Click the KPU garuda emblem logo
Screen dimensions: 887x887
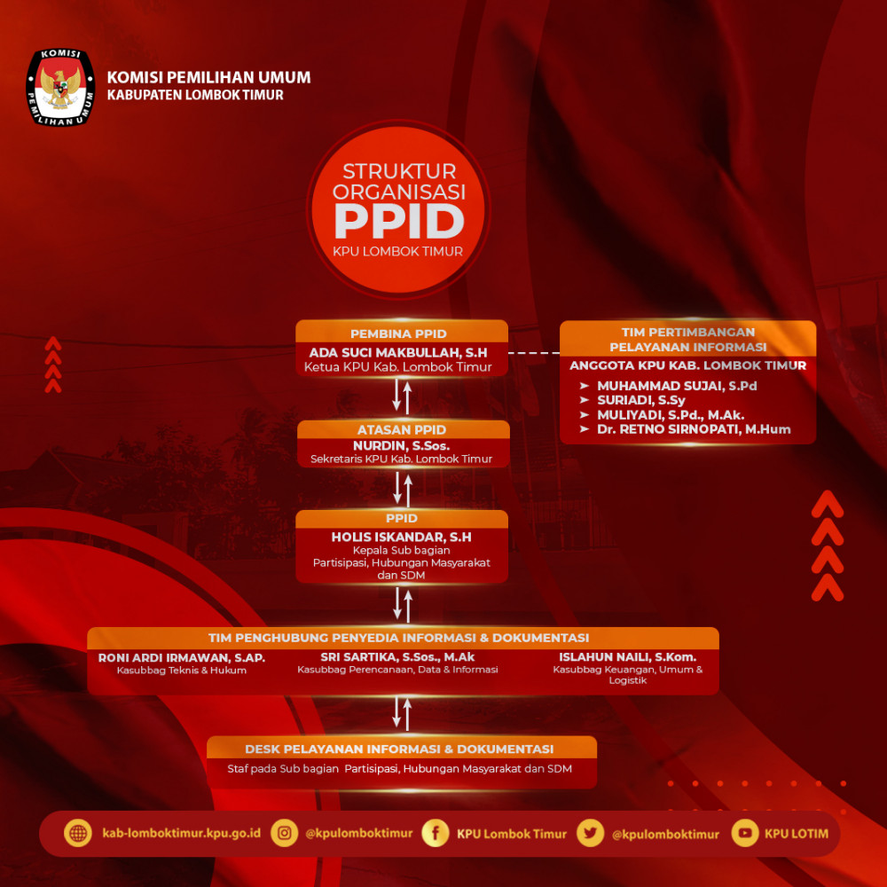pyautogui.click(x=60, y=87)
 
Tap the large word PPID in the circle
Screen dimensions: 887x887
pyautogui.click(x=399, y=221)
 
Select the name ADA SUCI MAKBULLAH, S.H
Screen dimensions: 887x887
pyautogui.click(x=398, y=352)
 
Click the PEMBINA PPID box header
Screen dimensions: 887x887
pyautogui.click(x=398, y=334)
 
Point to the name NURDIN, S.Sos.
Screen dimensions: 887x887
pyautogui.click(x=402, y=446)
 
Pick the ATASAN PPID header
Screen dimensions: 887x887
pyautogui.click(x=402, y=429)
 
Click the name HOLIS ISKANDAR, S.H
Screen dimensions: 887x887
pyautogui.click(x=401, y=537)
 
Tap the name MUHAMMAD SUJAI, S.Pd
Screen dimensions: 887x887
pyautogui.click(x=677, y=386)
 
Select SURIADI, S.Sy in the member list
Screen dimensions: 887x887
pyautogui.click(x=641, y=401)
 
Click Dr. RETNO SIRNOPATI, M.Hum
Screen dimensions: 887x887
pyautogui.click(x=694, y=429)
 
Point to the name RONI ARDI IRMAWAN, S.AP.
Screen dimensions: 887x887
pyautogui.click(x=182, y=658)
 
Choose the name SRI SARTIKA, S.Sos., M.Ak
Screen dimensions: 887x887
pyautogui.click(x=397, y=656)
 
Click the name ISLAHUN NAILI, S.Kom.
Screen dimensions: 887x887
pyautogui.click(x=627, y=656)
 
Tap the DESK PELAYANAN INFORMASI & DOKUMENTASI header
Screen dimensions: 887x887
pyautogui.click(x=399, y=749)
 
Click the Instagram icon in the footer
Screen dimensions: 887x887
pyautogui.click(x=285, y=833)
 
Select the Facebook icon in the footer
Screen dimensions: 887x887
pyautogui.click(x=436, y=833)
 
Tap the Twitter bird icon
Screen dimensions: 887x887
pyautogui.click(x=591, y=833)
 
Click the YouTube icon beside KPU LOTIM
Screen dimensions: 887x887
pyautogui.click(x=745, y=833)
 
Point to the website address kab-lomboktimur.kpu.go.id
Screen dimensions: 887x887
pyautogui.click(x=182, y=833)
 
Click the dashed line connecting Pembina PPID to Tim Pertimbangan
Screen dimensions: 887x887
pyautogui.click(x=534, y=352)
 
